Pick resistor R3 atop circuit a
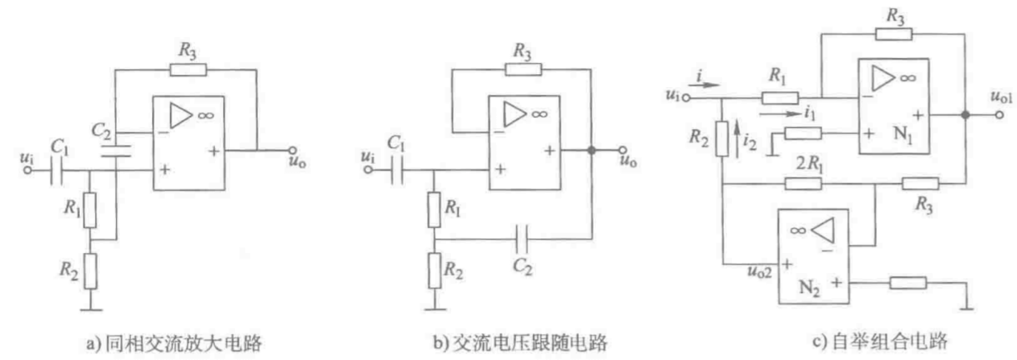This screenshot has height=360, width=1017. tap(187, 69)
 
